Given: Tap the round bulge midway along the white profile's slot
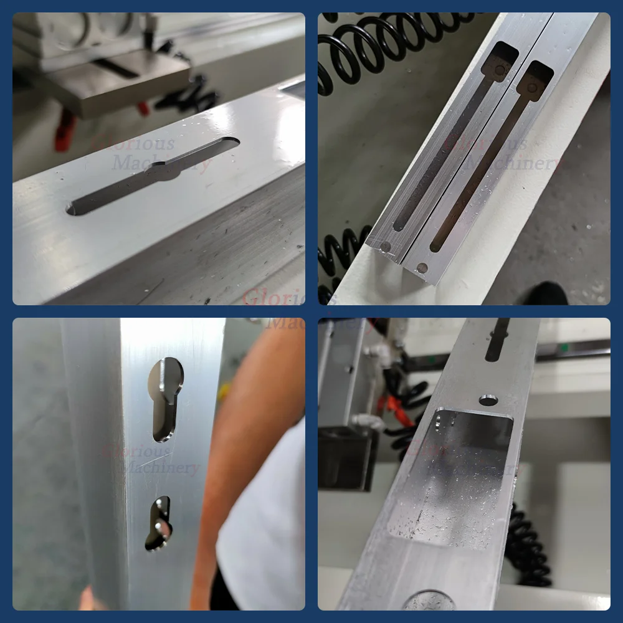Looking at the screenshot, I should (x=163, y=170).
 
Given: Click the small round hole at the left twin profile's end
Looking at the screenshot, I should (x=386, y=247).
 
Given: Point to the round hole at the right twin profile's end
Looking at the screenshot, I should (x=422, y=269).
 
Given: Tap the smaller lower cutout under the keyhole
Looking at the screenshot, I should (x=159, y=523).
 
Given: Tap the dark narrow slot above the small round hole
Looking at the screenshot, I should (x=497, y=340).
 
